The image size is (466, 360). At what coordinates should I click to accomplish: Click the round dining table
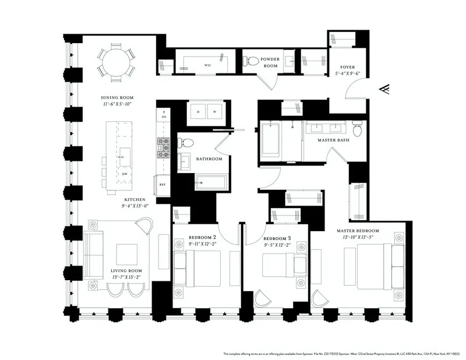point(116,61)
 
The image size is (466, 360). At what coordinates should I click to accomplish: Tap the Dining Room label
point(118,98)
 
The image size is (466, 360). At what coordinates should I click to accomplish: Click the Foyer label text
point(347,68)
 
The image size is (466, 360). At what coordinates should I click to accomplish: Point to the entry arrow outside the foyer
point(384,89)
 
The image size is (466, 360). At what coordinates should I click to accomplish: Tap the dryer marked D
point(198,112)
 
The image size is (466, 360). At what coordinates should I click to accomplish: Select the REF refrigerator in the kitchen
point(164,185)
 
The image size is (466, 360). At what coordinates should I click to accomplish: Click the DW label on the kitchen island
point(123,175)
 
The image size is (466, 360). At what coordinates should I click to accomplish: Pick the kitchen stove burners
point(164,148)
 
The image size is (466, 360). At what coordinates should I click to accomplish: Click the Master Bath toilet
point(357,128)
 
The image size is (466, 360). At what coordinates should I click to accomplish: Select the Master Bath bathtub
point(271,140)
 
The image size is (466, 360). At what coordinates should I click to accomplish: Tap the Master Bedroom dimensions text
point(361,237)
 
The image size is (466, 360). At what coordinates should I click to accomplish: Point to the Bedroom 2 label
point(202,238)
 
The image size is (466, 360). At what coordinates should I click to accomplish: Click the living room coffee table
point(126,255)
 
